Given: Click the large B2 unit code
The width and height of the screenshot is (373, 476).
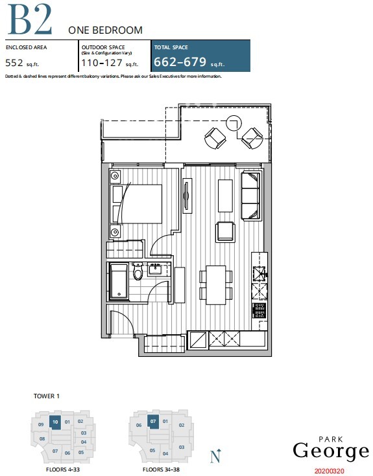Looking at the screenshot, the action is point(29,19).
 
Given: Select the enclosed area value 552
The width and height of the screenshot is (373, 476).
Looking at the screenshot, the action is point(14,63).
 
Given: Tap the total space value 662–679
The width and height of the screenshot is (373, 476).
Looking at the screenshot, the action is point(180,62).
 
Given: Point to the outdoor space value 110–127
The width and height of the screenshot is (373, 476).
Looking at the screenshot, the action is point(102,63).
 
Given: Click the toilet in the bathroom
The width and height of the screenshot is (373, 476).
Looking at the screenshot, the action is point(138,271).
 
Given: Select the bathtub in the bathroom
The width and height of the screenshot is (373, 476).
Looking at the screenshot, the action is point(119,282).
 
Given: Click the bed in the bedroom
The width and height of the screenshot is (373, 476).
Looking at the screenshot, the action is point(136,204).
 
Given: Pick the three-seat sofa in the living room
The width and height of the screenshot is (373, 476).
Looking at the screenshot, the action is point(251,196).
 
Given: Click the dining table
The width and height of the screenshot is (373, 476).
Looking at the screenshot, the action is point(216,285).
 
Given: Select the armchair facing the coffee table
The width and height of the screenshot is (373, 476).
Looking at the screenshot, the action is point(225,232).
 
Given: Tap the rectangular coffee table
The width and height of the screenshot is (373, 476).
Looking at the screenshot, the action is point(225,196).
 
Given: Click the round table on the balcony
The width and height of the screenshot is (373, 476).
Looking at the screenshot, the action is point(234,122).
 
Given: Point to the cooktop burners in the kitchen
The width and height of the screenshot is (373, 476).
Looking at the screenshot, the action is point(259,311).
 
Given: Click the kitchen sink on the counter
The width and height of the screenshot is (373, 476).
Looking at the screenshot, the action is point(259,273).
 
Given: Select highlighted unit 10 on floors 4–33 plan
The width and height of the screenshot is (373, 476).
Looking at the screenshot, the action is point(55,422).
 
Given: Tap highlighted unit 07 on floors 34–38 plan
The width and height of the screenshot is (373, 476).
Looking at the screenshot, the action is point(153,422).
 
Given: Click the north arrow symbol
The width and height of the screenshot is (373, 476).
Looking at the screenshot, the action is point(216,456).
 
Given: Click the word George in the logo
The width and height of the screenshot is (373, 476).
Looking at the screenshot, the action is point(331,452).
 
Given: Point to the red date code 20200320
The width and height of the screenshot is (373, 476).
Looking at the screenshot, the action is point(330,471).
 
